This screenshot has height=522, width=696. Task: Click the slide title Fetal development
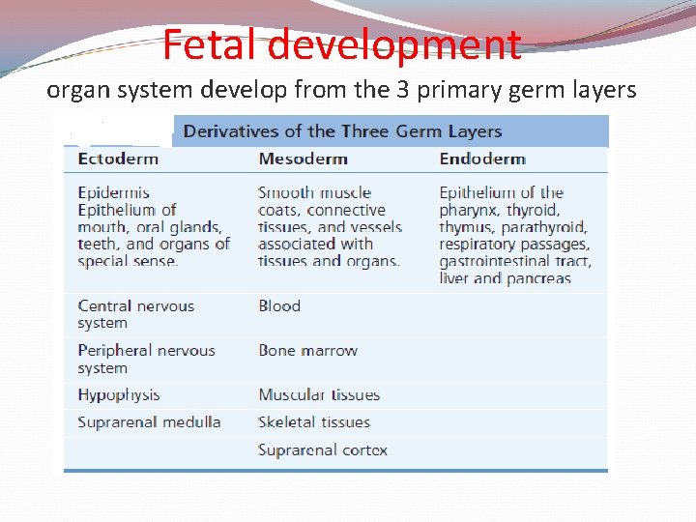tap(341, 43)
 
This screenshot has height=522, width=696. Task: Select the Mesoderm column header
tap(303, 159)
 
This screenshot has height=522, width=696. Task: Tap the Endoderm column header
tap(482, 159)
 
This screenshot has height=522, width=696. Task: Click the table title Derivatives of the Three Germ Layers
tap(342, 131)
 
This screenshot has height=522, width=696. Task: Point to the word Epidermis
tap(114, 192)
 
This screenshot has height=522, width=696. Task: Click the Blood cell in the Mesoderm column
tap(279, 306)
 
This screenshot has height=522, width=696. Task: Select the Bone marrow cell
tap(307, 351)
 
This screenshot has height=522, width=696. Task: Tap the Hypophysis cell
tap(119, 394)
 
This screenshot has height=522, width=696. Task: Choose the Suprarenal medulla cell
tap(149, 422)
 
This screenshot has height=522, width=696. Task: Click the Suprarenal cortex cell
tap(322, 450)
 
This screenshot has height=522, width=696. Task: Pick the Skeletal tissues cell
tap(313, 422)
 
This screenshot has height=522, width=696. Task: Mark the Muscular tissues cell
tap(319, 394)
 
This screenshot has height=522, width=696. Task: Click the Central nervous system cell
tap(135, 314)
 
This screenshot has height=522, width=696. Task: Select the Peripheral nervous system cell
tap(146, 359)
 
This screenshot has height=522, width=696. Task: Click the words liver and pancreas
tap(505, 279)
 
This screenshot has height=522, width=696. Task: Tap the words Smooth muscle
tap(314, 192)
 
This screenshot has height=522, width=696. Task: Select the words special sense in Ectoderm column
tap(128, 262)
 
